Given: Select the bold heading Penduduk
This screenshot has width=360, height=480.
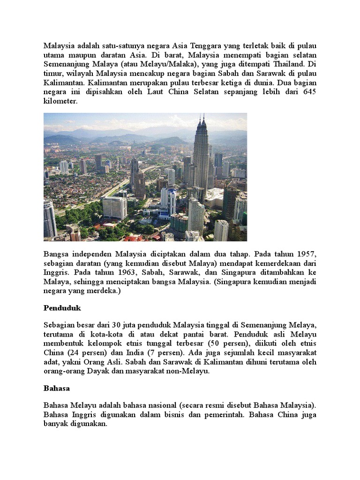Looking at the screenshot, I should tap(62, 309).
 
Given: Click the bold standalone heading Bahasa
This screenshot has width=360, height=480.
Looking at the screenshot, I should tap(57, 389).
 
